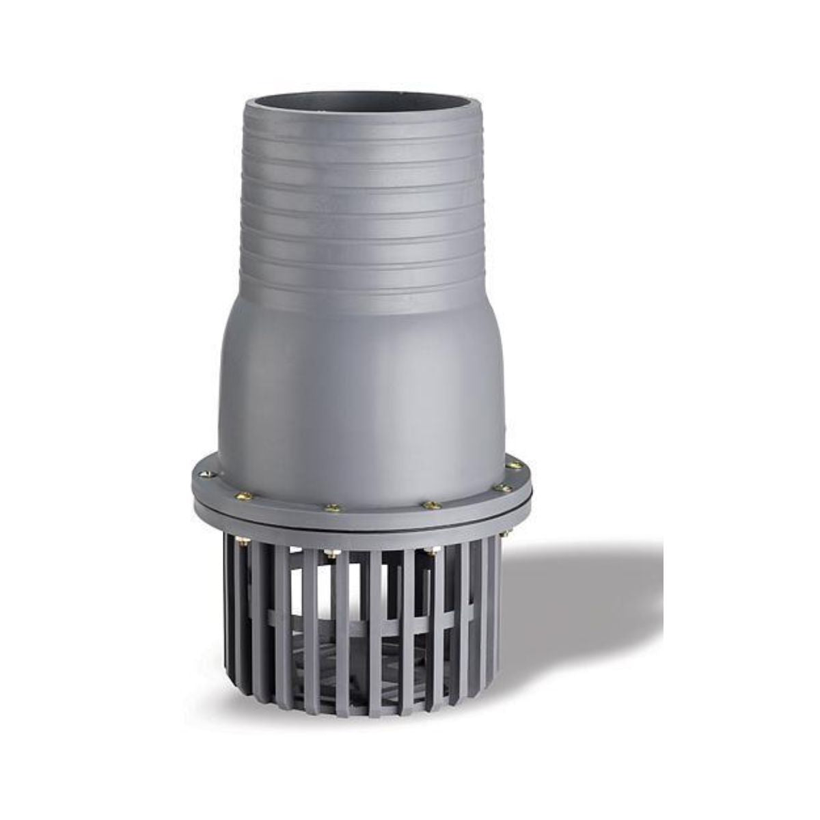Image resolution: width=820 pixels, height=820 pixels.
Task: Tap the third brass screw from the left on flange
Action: coord(334,508)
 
